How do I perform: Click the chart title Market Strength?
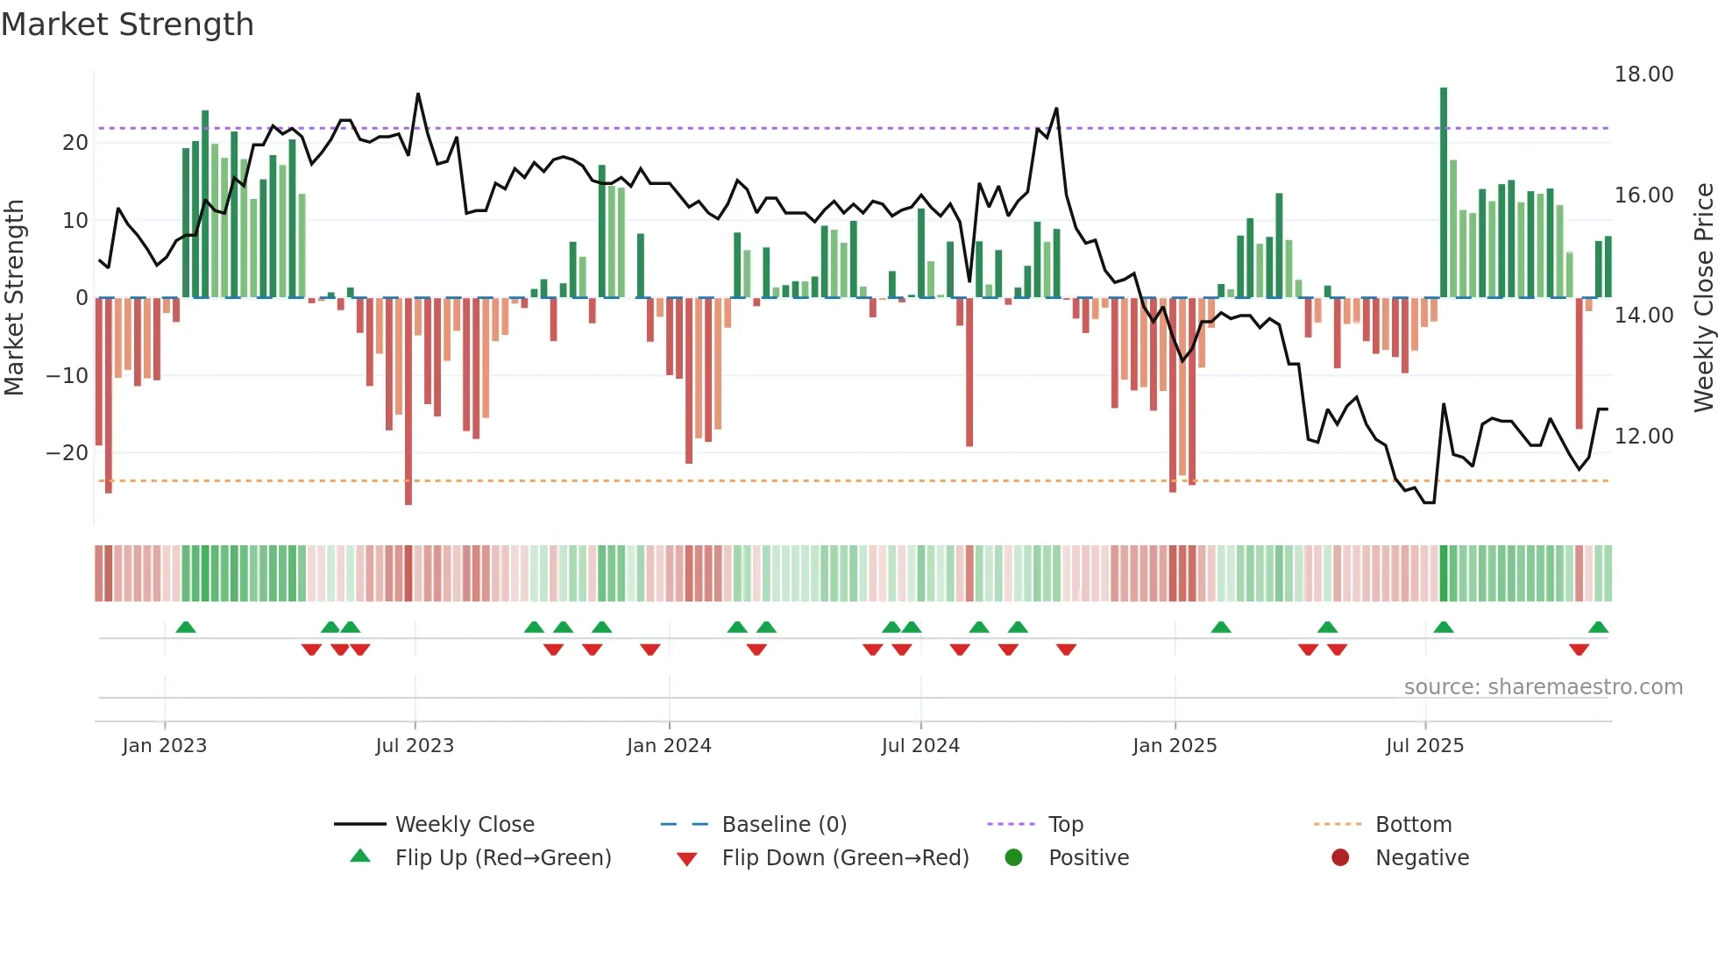pyautogui.click(x=128, y=25)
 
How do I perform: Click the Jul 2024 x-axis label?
pyautogui.click(x=920, y=746)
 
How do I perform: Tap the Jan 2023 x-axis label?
pyautogui.click(x=165, y=746)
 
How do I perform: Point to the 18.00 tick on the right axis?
pyautogui.click(x=1643, y=75)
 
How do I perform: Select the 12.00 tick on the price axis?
pyautogui.click(x=1643, y=437)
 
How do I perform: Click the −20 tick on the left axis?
pyautogui.click(x=67, y=453)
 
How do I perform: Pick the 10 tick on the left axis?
pyautogui.click(x=75, y=221)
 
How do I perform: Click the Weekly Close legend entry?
pyautogui.click(x=464, y=825)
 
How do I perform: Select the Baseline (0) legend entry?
pyautogui.click(x=784, y=825)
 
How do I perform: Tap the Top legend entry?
pyautogui.click(x=1065, y=825)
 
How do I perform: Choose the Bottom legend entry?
pyautogui.click(x=1413, y=825)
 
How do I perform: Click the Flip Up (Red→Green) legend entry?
pyautogui.click(x=502, y=858)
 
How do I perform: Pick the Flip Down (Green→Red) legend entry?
pyautogui.click(x=845, y=858)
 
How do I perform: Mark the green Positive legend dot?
pyautogui.click(x=1014, y=858)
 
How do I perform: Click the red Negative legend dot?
pyautogui.click(x=1340, y=858)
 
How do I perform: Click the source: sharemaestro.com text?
pyautogui.click(x=1543, y=687)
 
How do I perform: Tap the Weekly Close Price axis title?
pyautogui.click(x=1703, y=298)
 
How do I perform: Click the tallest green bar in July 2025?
pyautogui.click(x=1444, y=193)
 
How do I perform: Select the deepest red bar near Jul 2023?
pyautogui.click(x=408, y=403)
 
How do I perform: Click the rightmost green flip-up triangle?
pyautogui.click(x=1598, y=628)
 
